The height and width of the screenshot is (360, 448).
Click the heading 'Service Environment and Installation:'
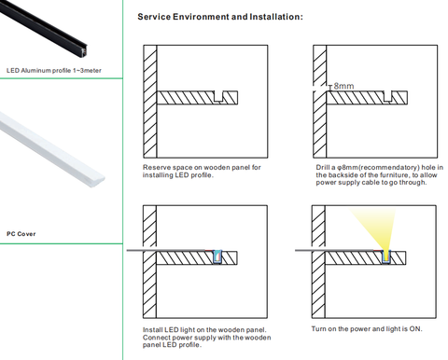pyautogui.click(x=220, y=17)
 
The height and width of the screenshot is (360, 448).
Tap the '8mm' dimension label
pyautogui.click(x=343, y=86)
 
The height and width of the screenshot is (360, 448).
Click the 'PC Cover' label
pyautogui.click(x=21, y=234)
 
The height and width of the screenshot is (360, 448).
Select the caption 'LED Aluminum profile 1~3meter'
pyautogui.click(x=54, y=71)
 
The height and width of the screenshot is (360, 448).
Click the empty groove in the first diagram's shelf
pyautogui.click(x=218, y=96)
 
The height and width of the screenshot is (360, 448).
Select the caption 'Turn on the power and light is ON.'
pyautogui.click(x=367, y=329)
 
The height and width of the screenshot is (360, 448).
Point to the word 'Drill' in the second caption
pyautogui.click(x=323, y=168)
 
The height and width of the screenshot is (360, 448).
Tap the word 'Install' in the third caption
pyautogui.click(x=152, y=330)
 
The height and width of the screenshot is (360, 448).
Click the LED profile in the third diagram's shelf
pyautogui.click(x=217, y=257)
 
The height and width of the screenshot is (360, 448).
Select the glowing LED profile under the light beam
pyautogui.click(x=386, y=257)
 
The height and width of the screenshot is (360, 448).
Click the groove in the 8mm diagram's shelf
pyautogui.click(x=388, y=96)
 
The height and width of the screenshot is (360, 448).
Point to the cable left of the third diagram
pyautogui.click(x=170, y=250)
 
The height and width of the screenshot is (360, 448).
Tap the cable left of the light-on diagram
pyautogui.click(x=339, y=250)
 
